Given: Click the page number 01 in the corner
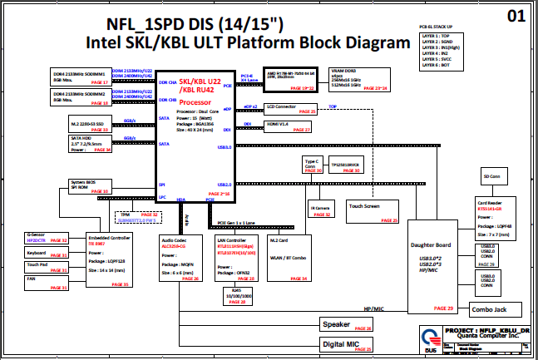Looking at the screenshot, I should (x=516, y=16).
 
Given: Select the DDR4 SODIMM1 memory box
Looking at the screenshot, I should (x=80, y=76).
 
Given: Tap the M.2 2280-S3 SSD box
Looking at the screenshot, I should (x=80, y=125).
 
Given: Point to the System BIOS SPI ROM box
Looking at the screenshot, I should (x=88, y=186).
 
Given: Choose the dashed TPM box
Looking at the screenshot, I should (x=138, y=216).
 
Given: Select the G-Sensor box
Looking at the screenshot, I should (x=47, y=237).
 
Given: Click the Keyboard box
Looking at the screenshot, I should (x=47, y=252).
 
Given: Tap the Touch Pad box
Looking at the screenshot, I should (x=47, y=265).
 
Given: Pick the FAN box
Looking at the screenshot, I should (x=47, y=281).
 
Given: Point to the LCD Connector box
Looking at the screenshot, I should (x=291, y=108).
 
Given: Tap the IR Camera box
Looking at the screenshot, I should (x=321, y=210).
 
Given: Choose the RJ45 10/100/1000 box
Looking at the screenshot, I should (x=236, y=297).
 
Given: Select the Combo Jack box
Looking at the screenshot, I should (x=488, y=310).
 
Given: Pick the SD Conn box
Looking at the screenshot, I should (x=492, y=177).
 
